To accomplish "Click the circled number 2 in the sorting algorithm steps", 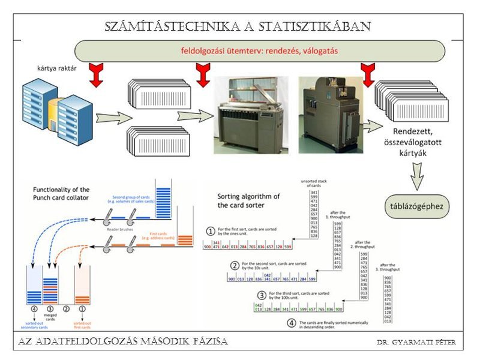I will (x=235, y=266).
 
